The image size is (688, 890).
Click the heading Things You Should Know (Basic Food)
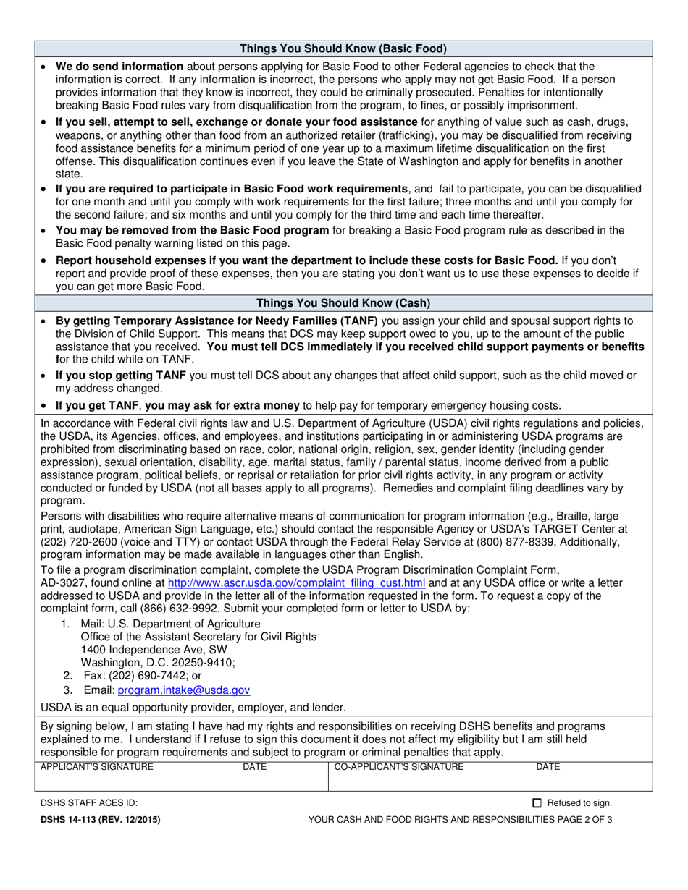(343, 49)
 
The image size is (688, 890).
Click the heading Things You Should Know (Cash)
(343, 302)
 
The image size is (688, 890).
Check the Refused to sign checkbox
(537, 802)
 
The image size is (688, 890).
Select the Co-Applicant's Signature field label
(398, 766)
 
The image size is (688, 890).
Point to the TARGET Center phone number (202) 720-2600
(77, 542)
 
